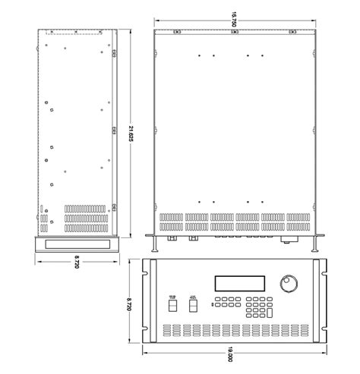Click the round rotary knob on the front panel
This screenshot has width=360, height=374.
[x=289, y=284]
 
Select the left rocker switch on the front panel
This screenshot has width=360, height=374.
[x=172, y=305]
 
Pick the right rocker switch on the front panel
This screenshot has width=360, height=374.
[x=193, y=305]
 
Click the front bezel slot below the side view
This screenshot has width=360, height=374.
[x=76, y=244]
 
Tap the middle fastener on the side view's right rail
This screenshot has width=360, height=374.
[x=113, y=128]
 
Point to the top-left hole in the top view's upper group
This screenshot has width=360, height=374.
[x=197, y=56]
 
